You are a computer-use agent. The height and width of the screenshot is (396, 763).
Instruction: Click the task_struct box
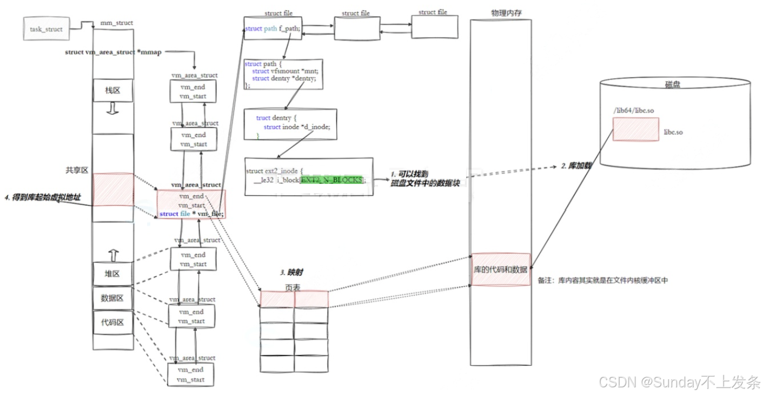pyautogui.click(x=47, y=29)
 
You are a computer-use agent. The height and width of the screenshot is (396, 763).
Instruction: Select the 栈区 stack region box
pyautogui.click(x=112, y=90)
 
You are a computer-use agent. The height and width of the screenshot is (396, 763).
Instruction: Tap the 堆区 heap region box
pyautogui.click(x=112, y=273)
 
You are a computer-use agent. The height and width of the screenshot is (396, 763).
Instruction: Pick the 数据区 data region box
pyautogui.click(x=112, y=298)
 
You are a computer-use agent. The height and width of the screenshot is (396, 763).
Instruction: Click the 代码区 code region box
pyautogui.click(x=112, y=322)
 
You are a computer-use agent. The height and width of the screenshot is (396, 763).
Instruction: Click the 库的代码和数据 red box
pyautogui.click(x=501, y=269)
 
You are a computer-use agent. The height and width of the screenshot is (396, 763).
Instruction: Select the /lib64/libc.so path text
pyautogui.click(x=634, y=110)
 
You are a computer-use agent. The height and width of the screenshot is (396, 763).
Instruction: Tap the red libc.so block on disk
pyautogui.click(x=635, y=129)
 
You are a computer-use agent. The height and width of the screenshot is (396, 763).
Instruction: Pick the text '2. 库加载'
pyautogui.click(x=575, y=166)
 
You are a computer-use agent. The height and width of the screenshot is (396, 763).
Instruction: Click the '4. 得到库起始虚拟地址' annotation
pyautogui.click(x=42, y=197)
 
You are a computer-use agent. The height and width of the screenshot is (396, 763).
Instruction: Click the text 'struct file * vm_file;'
pyautogui.click(x=191, y=214)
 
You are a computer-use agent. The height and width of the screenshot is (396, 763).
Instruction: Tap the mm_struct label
pyautogui.click(x=116, y=23)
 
